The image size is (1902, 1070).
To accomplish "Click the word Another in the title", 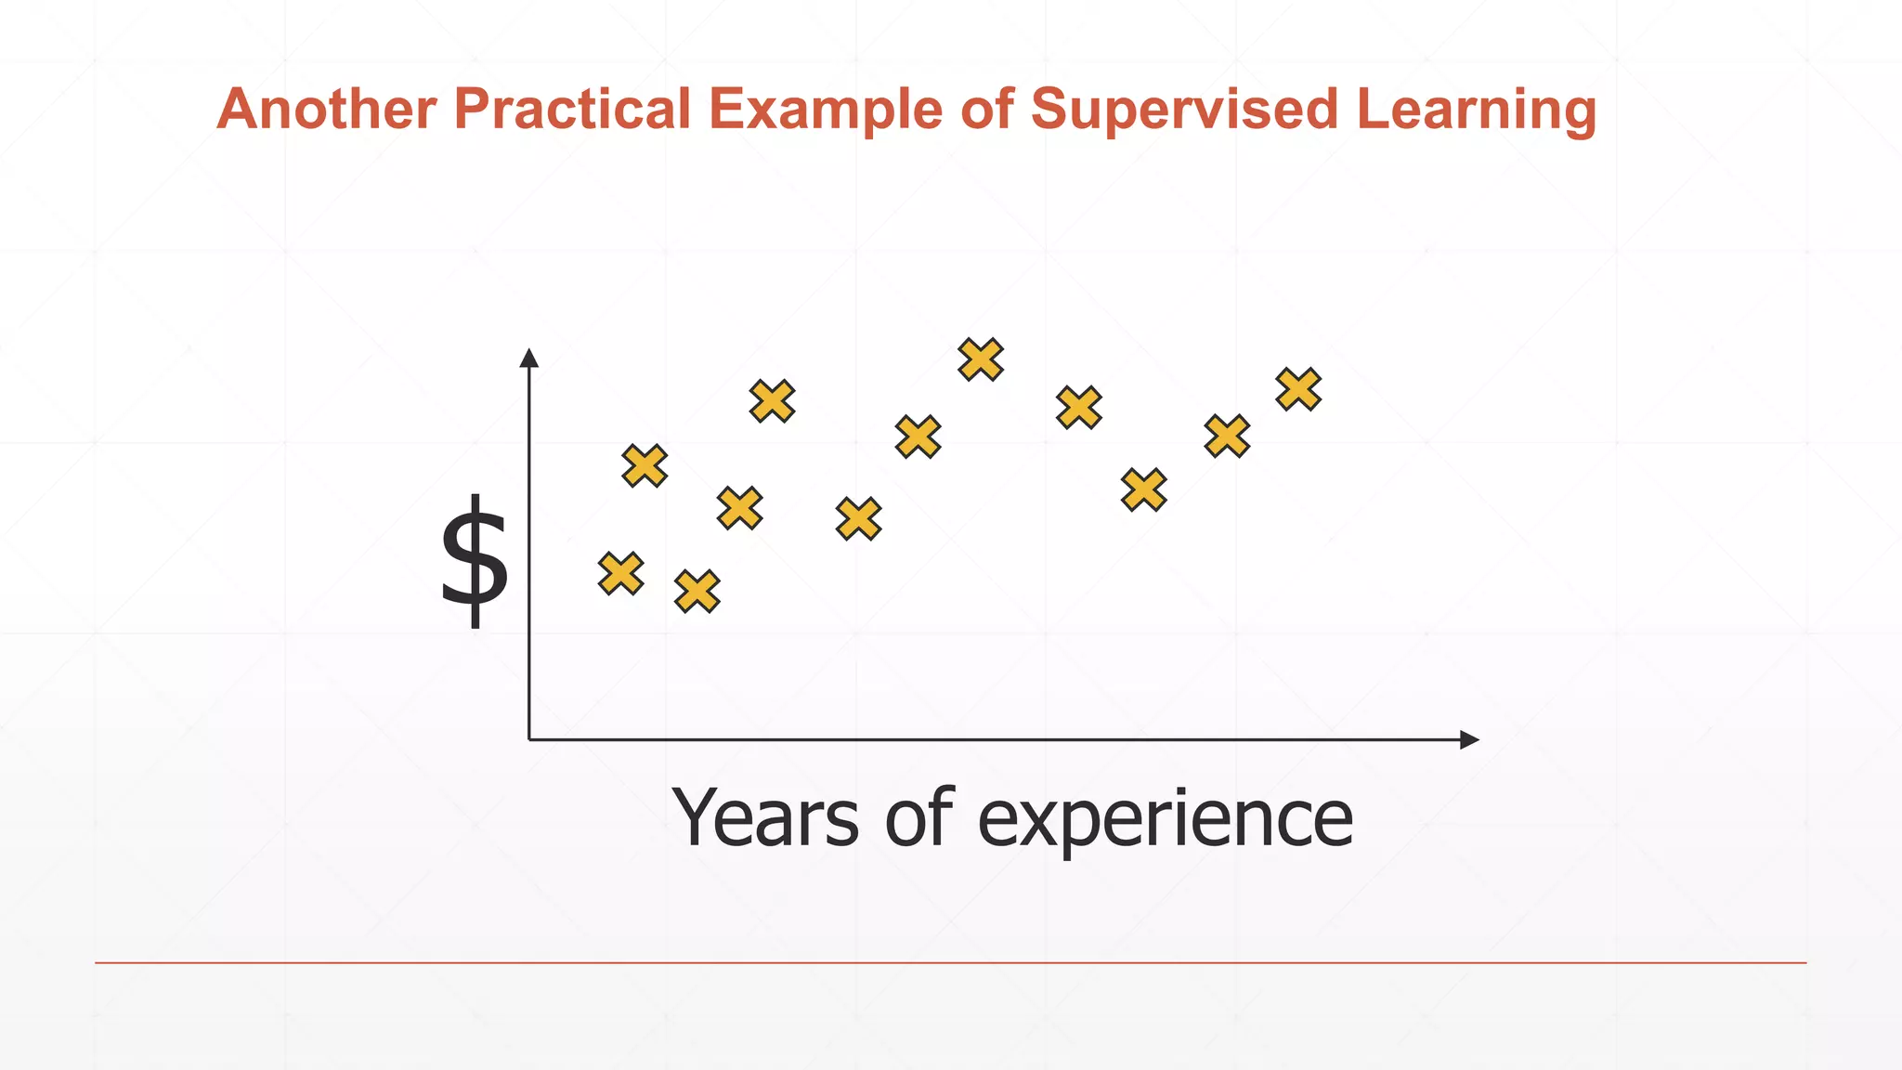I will (326, 109).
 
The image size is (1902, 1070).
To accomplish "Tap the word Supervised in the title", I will (1184, 109).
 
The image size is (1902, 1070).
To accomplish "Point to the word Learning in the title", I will (1476, 111).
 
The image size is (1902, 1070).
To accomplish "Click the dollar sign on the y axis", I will (475, 561).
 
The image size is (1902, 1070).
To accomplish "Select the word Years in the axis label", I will (765, 817).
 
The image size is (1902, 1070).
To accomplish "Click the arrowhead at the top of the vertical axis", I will (529, 359).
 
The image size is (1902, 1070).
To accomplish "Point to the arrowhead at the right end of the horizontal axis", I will (1469, 739).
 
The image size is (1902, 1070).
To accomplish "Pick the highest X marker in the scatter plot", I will (981, 359).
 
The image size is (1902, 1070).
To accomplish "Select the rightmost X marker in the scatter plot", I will (1298, 389).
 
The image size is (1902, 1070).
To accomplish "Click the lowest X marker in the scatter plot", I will (697, 592).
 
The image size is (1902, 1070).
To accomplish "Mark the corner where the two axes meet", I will (529, 739).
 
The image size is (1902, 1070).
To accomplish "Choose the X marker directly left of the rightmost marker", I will (1227, 436).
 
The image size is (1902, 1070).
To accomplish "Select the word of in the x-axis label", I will (918, 817).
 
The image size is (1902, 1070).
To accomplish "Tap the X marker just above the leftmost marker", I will (645, 465).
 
